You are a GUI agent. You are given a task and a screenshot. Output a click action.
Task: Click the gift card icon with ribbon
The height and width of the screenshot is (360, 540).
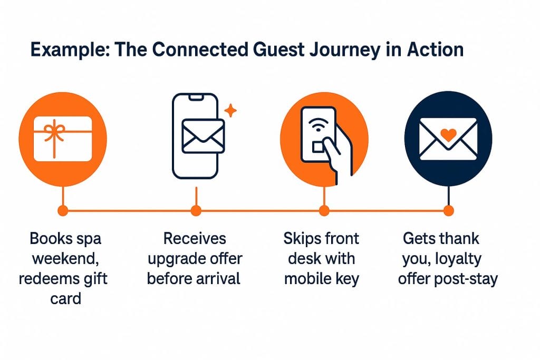pyautogui.click(x=63, y=139)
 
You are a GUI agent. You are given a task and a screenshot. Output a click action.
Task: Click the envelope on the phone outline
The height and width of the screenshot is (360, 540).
pyautogui.click(x=203, y=136)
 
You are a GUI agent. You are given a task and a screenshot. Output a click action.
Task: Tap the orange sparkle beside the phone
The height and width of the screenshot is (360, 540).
pyautogui.click(x=230, y=111)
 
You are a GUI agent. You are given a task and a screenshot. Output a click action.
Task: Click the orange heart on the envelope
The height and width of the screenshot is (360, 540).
pyautogui.click(x=448, y=135)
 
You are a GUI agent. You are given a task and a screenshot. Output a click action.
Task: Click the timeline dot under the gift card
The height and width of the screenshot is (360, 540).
pyautogui.click(x=63, y=211)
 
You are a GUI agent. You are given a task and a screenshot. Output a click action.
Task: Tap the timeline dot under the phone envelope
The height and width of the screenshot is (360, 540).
pyautogui.click(x=196, y=211)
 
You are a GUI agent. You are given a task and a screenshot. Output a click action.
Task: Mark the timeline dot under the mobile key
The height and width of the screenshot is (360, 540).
pyautogui.click(x=323, y=211)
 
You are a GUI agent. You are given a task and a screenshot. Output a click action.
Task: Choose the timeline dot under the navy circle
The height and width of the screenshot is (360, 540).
pyautogui.click(x=448, y=211)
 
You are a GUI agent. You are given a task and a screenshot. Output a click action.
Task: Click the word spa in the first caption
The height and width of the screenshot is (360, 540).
pyautogui.click(x=86, y=239)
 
